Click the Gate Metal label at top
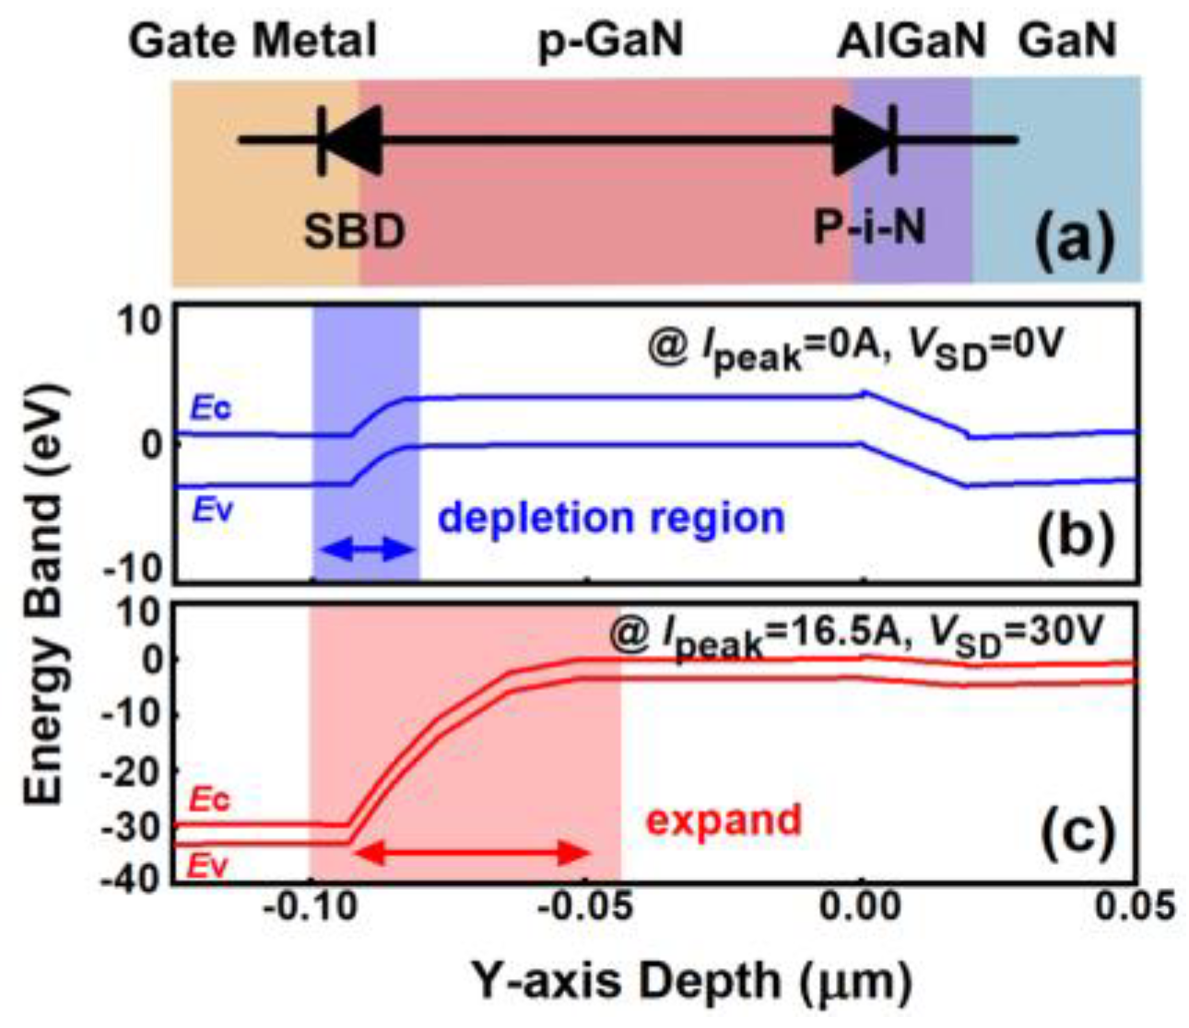click(x=253, y=41)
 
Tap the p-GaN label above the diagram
click(x=610, y=41)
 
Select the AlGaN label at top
click(x=911, y=41)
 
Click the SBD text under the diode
click(x=354, y=231)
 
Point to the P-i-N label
click(x=869, y=227)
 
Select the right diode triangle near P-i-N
click(x=860, y=140)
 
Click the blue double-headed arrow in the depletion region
click(x=365, y=550)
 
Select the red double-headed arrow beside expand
click(x=471, y=853)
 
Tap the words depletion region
click(x=611, y=518)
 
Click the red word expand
click(x=724, y=819)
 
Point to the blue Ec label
click(x=211, y=408)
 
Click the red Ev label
click(x=209, y=866)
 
